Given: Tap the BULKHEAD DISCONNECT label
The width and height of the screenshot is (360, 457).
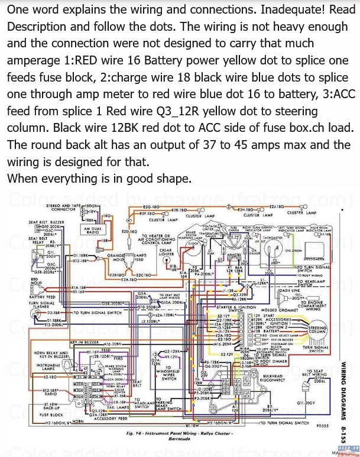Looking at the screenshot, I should click(x=277, y=378).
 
